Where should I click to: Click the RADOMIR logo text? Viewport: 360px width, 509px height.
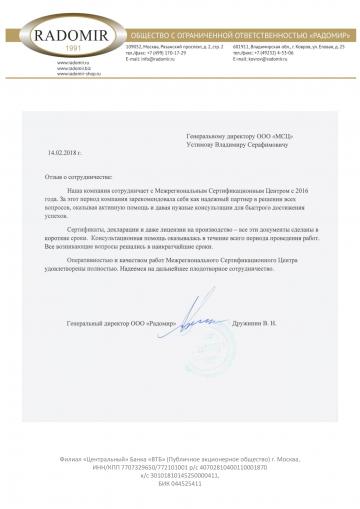[x=46, y=31]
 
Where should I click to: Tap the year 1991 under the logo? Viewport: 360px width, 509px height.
[x=46, y=46]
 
